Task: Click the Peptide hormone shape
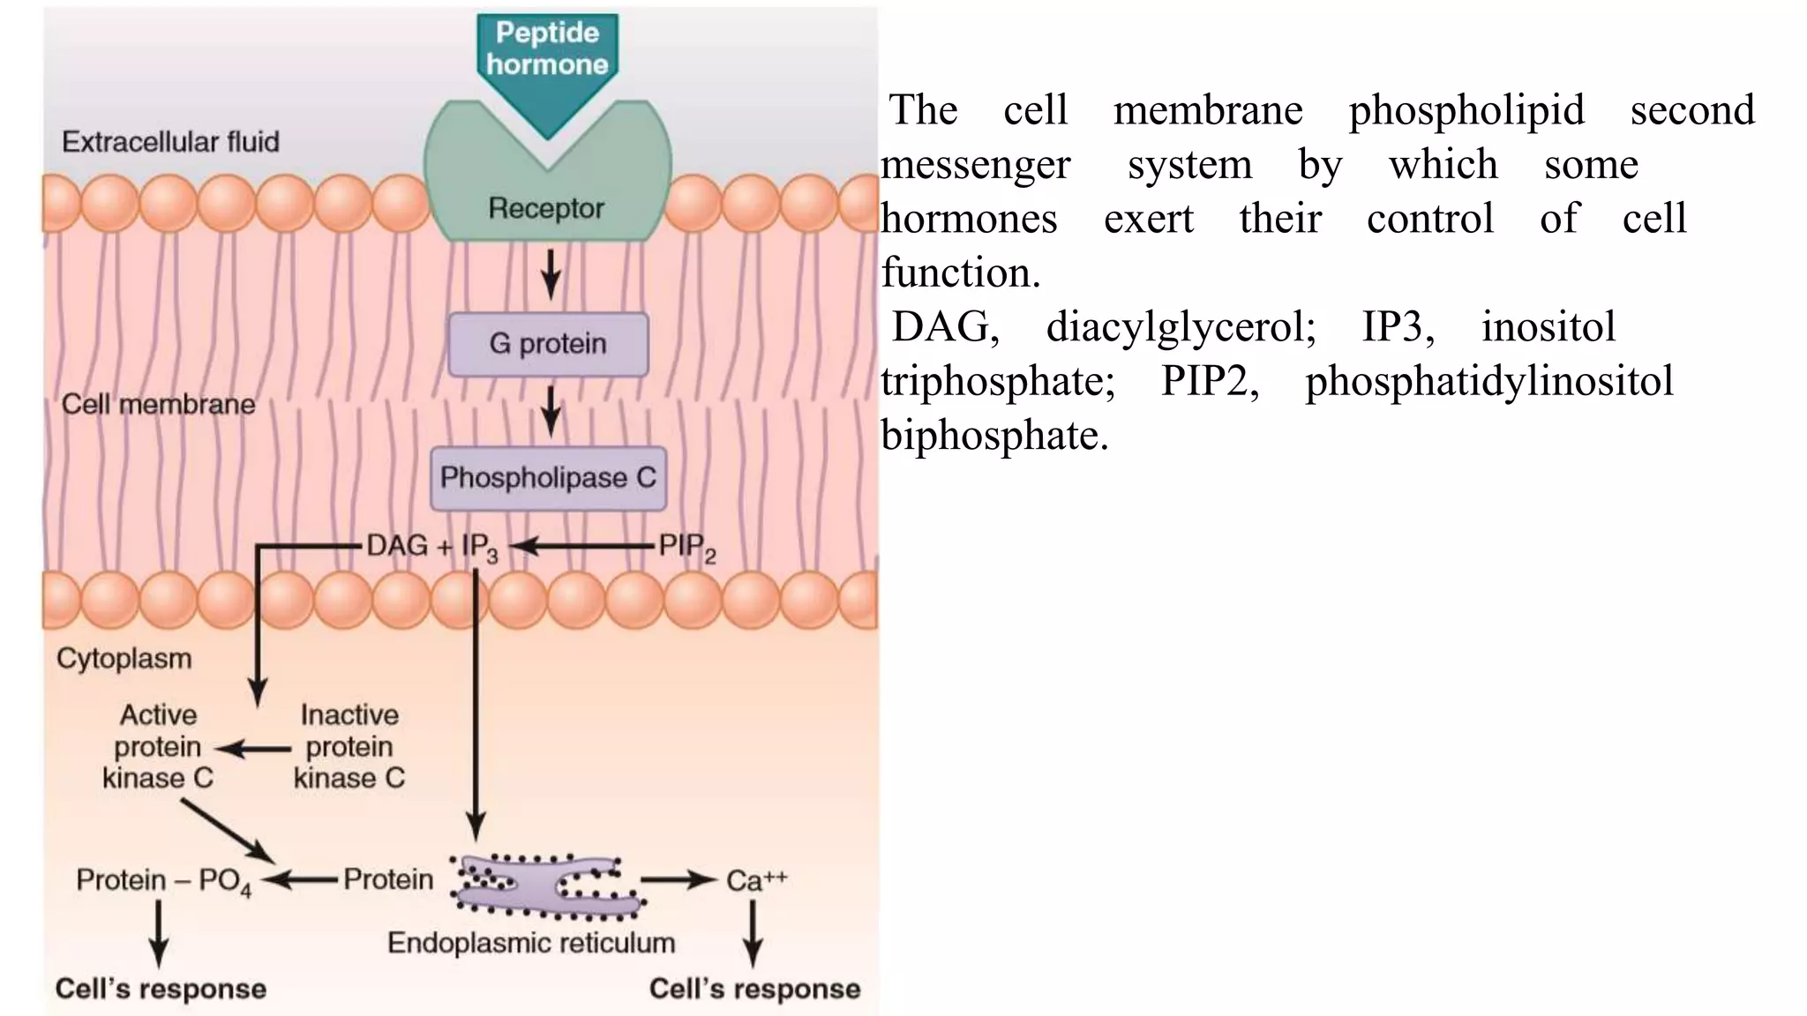[547, 62]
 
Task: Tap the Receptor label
[546, 208]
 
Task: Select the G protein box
[548, 344]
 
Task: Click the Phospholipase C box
[548, 478]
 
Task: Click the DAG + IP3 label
[431, 547]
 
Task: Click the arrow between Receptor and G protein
[551, 274]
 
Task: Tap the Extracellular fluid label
[170, 142]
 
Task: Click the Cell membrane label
[158, 405]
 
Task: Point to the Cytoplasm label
[124, 659]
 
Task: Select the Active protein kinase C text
[158, 746]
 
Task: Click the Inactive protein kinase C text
[349, 746]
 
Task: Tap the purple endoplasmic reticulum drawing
[547, 883]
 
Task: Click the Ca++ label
[755, 880]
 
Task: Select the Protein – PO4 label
[163, 880]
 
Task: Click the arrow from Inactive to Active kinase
[253, 750]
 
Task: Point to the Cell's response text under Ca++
[754, 989]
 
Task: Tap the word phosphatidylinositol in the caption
[1488, 382]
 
